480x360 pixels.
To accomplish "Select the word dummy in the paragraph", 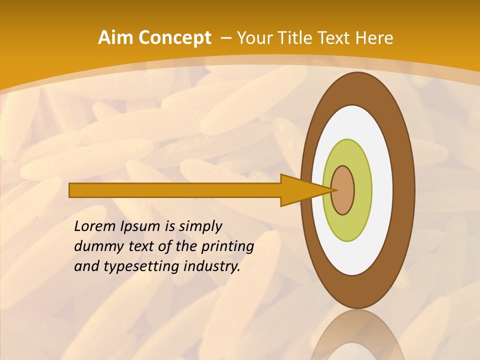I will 96,246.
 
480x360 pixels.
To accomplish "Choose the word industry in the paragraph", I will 211,266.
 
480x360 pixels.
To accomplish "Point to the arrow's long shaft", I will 175,190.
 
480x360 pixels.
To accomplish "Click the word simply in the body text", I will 200,226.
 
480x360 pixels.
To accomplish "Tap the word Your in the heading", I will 255,38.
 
